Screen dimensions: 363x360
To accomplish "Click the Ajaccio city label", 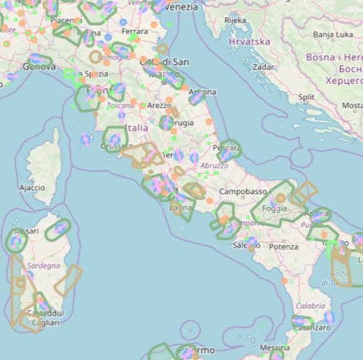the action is point(32,187).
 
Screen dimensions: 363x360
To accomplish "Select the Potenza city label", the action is point(284,247).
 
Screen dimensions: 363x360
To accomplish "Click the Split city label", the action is point(306,97).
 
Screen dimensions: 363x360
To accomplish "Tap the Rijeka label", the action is point(235,20).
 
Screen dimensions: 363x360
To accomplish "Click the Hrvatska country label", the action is point(249,42).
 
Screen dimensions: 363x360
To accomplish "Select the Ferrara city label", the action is point(135,31).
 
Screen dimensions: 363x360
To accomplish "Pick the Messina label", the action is point(274,347).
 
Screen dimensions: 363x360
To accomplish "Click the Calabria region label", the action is point(310,306).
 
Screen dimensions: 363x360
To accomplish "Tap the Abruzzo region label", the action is point(215,165).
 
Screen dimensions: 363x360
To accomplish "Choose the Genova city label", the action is point(39,66).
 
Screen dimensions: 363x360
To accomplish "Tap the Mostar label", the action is point(352,105).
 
